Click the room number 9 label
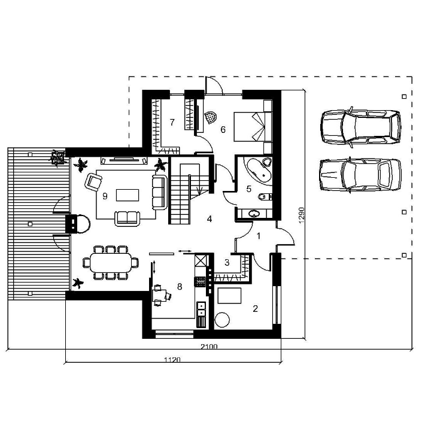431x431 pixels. (105, 196)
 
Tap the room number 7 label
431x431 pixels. (172, 122)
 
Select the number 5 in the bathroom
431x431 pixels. (249, 189)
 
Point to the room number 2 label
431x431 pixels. (256, 309)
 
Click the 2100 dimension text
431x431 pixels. (209, 347)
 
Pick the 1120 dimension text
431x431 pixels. (172, 360)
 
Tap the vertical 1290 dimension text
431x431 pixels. (302, 215)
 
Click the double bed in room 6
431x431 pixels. (253, 127)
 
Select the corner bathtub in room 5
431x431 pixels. (259, 169)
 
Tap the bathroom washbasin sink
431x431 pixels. (254, 213)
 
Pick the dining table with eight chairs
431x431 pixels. (111, 263)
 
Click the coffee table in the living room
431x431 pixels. (128, 195)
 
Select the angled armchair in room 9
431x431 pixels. (93, 182)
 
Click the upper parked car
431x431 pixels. (361, 128)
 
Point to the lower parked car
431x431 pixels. (360, 175)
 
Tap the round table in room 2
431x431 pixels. (222, 320)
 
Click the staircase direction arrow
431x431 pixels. (199, 190)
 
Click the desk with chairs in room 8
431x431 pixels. (161, 296)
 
